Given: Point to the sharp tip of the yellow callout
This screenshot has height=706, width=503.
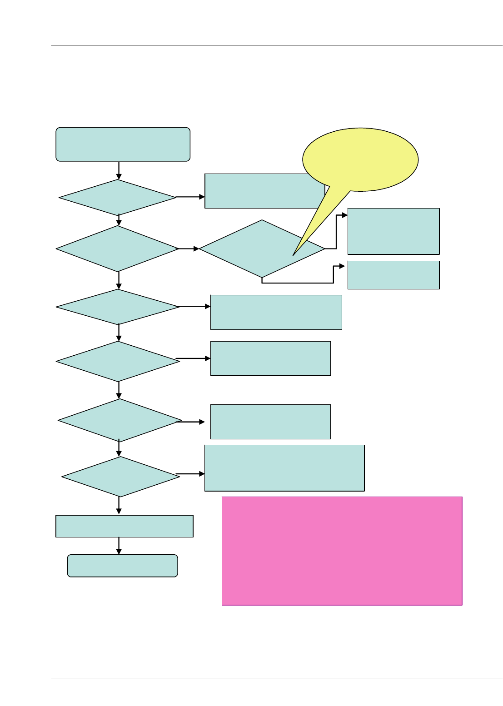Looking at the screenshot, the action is (x=293, y=255).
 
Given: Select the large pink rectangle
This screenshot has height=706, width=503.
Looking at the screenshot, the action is (x=342, y=551).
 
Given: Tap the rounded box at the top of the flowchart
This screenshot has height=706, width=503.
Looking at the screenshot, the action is (x=123, y=144).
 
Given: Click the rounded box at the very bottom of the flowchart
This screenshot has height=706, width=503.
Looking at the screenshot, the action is (x=122, y=566).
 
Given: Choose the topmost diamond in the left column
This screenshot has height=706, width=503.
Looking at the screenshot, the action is (x=118, y=198).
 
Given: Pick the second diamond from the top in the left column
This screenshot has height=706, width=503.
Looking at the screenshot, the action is (x=118, y=249).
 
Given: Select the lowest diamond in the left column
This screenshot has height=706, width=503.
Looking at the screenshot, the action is (x=120, y=477).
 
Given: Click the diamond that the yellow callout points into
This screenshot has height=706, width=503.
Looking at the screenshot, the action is (x=254, y=249).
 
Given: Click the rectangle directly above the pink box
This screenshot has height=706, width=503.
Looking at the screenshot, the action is (x=284, y=468).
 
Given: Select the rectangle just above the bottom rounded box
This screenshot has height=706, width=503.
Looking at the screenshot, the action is (x=124, y=526).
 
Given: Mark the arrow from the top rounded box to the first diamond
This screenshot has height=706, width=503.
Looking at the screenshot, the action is (x=119, y=170).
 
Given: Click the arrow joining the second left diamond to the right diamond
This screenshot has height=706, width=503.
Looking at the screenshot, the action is (x=189, y=249).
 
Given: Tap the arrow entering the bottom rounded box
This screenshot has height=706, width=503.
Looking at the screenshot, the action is (x=119, y=546).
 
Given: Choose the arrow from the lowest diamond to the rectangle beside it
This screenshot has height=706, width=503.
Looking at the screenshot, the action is (x=190, y=474).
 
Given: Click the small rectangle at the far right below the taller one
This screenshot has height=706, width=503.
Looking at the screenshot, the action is (x=393, y=275).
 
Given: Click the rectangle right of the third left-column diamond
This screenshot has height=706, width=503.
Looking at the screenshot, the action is (x=276, y=312).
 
